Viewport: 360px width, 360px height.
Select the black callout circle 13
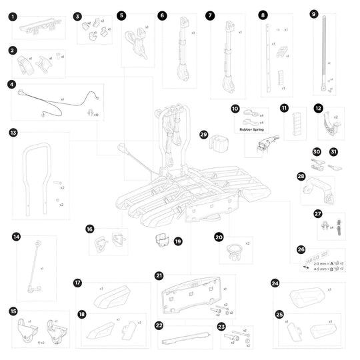click(13, 133)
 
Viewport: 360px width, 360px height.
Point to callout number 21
click(159, 275)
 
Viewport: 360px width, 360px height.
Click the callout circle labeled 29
click(204, 135)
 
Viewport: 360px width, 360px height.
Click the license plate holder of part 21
click(193, 296)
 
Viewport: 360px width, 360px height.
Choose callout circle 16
click(90, 229)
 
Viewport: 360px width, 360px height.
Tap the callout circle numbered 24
click(275, 283)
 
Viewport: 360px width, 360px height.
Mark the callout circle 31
click(334, 151)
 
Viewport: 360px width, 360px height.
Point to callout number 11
click(285, 107)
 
